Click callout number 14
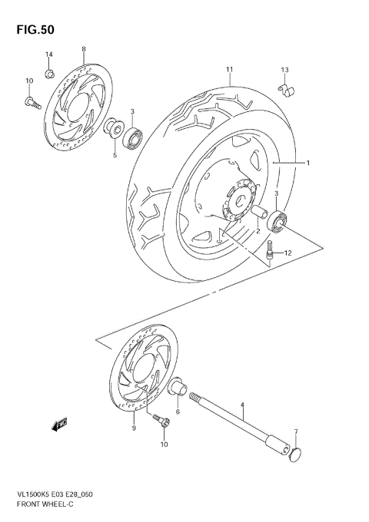pos(48,54)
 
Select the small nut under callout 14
pos(48,74)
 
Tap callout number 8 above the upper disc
pos(83,49)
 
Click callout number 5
pos(115,155)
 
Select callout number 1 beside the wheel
pos(307,163)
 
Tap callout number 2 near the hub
pos(258,230)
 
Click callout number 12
pos(288,253)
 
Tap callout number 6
pos(178,412)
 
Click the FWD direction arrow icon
pos(61,422)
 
